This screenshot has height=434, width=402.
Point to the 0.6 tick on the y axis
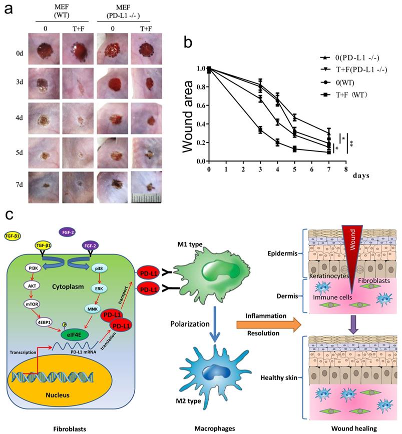[x=201, y=105]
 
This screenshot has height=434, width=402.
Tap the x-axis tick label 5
[x=295, y=169]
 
